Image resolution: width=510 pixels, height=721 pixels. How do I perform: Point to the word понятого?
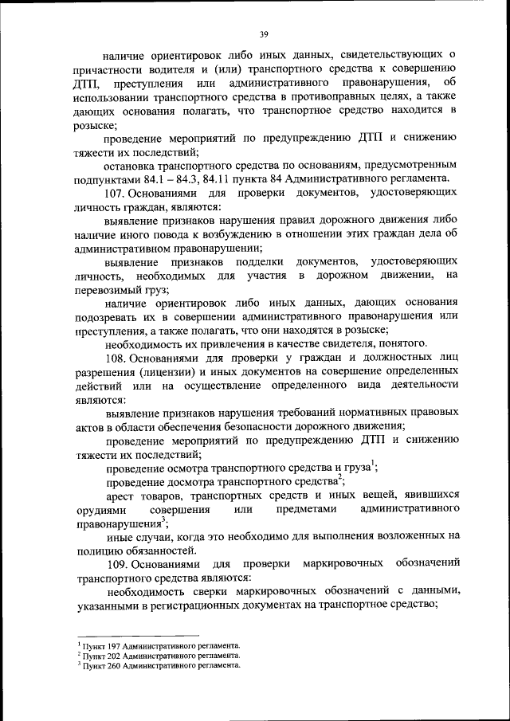(x=403, y=344)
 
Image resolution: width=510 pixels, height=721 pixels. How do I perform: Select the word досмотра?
(x=194, y=481)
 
